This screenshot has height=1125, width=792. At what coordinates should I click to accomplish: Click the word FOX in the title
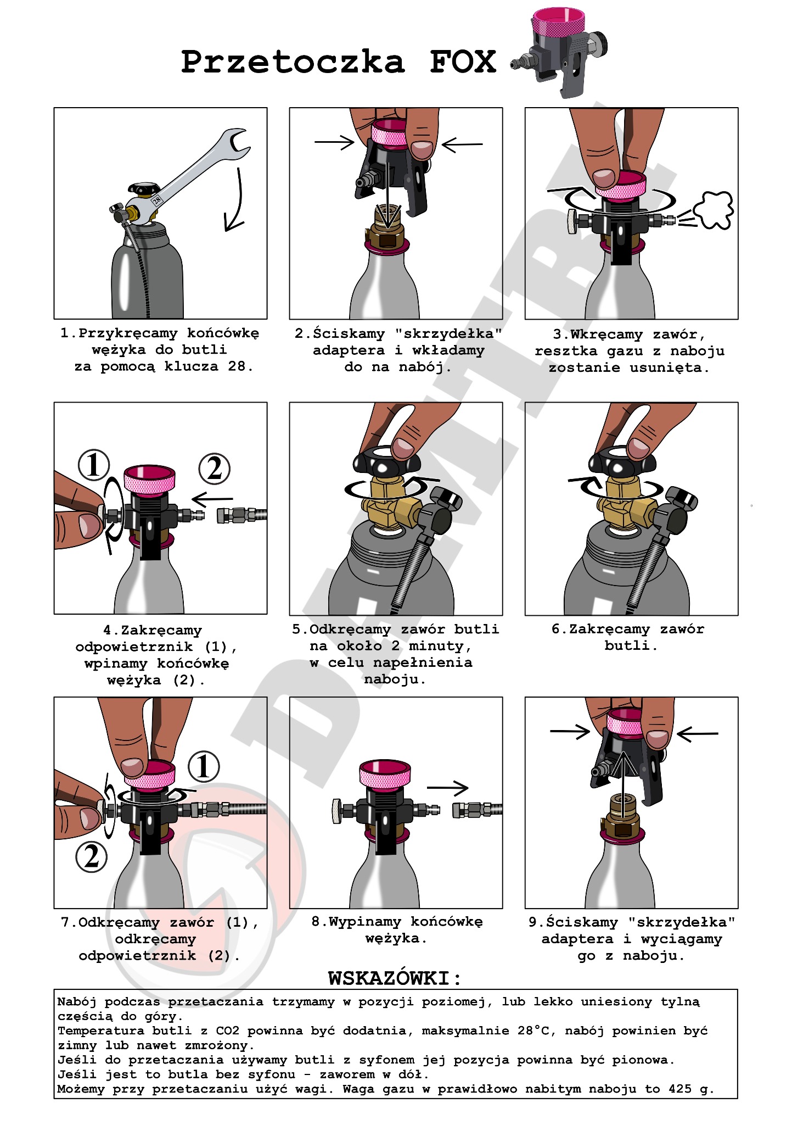coord(463,62)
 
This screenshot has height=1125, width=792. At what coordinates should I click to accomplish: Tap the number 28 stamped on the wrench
coord(157,200)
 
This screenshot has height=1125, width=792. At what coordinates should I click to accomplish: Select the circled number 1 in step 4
coord(94,465)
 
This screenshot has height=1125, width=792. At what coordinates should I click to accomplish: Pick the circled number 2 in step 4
coord(214,469)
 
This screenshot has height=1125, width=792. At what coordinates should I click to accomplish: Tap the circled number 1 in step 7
coord(204,766)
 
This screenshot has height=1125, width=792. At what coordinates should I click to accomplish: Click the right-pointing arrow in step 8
coord(447,788)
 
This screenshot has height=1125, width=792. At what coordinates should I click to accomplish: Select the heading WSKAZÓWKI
coord(395,978)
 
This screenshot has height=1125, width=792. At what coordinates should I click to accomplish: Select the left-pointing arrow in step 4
coord(212,500)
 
